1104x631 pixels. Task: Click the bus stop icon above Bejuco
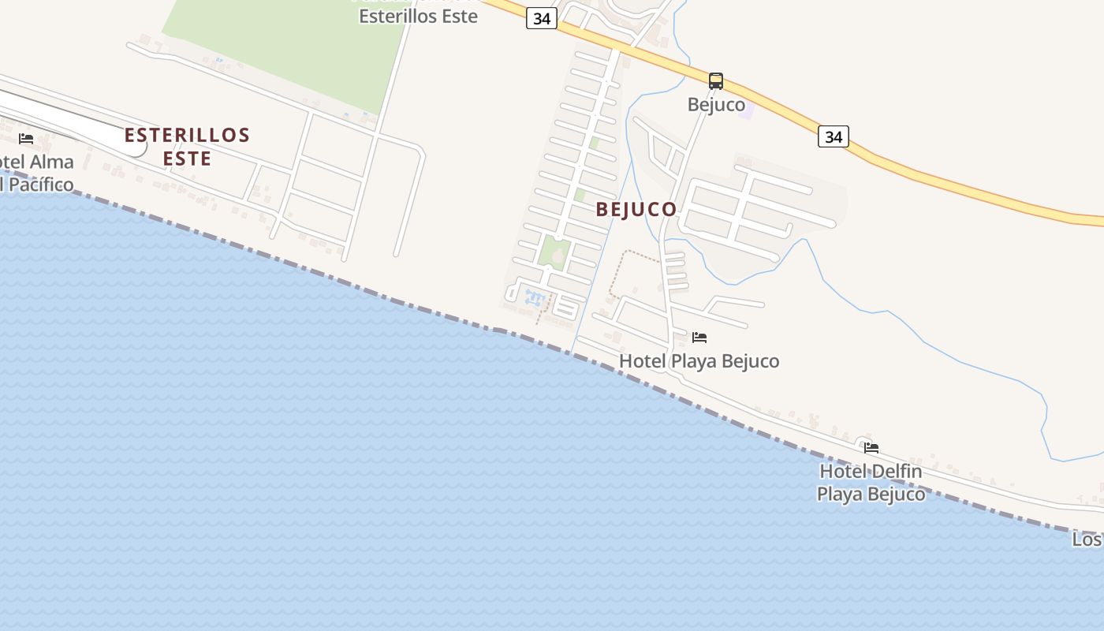coord(716,80)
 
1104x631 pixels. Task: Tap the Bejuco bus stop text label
coord(716,104)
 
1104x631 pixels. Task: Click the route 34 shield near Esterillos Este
coord(542,19)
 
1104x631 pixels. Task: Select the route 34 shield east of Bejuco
coord(833,136)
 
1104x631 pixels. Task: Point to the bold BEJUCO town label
coord(636,209)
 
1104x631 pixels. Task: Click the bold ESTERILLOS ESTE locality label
coord(187,147)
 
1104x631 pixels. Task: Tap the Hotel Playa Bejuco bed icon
coord(699,338)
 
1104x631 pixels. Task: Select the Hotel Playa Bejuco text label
coord(699,361)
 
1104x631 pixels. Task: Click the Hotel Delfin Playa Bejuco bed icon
coord(871,448)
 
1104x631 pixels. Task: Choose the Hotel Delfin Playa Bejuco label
coord(871,483)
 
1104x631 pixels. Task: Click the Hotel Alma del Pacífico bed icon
coord(26,139)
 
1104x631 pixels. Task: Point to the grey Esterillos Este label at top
coord(418,16)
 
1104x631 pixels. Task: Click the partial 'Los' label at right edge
coord(1087,540)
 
